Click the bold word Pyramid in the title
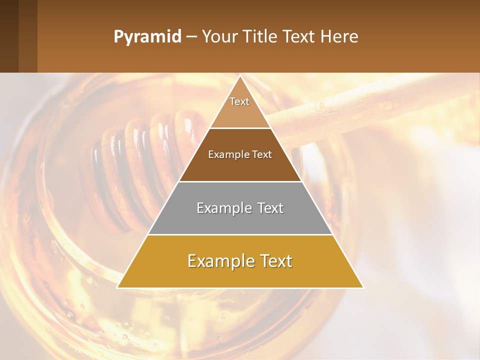(x=147, y=37)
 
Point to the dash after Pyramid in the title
(x=191, y=37)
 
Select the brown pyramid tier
(x=240, y=167)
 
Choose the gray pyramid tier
(x=240, y=220)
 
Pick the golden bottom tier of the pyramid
(x=240, y=275)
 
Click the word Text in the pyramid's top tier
(x=239, y=101)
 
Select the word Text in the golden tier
(x=273, y=261)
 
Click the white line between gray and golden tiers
(x=240, y=234)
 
